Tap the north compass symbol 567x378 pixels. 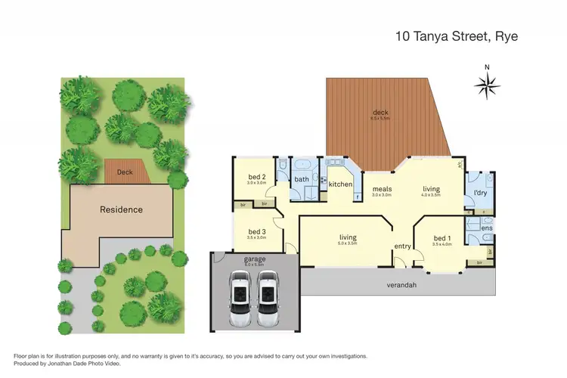point(486,85)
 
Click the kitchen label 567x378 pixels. point(340,184)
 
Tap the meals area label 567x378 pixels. point(381,189)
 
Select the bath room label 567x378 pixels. point(302,179)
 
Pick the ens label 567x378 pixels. point(487,228)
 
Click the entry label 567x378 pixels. point(401,246)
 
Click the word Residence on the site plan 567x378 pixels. point(121,209)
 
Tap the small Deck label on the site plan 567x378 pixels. point(125,172)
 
